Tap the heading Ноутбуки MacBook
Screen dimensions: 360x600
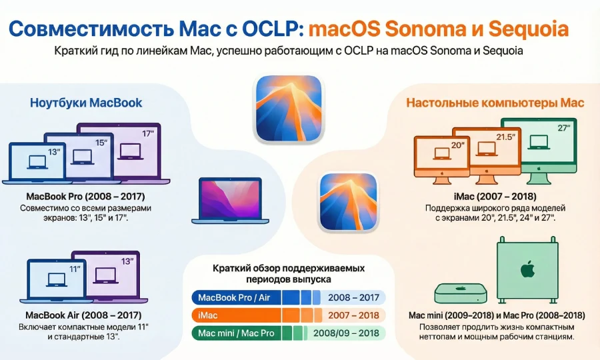pos(86,103)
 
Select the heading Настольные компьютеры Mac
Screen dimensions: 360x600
pos(495,103)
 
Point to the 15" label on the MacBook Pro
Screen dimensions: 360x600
pos(101,142)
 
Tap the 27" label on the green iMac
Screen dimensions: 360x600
pos(564,128)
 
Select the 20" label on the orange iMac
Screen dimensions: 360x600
pos(457,145)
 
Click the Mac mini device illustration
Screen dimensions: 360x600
pos(461,291)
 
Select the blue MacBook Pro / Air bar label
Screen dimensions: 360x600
pos(234,297)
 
